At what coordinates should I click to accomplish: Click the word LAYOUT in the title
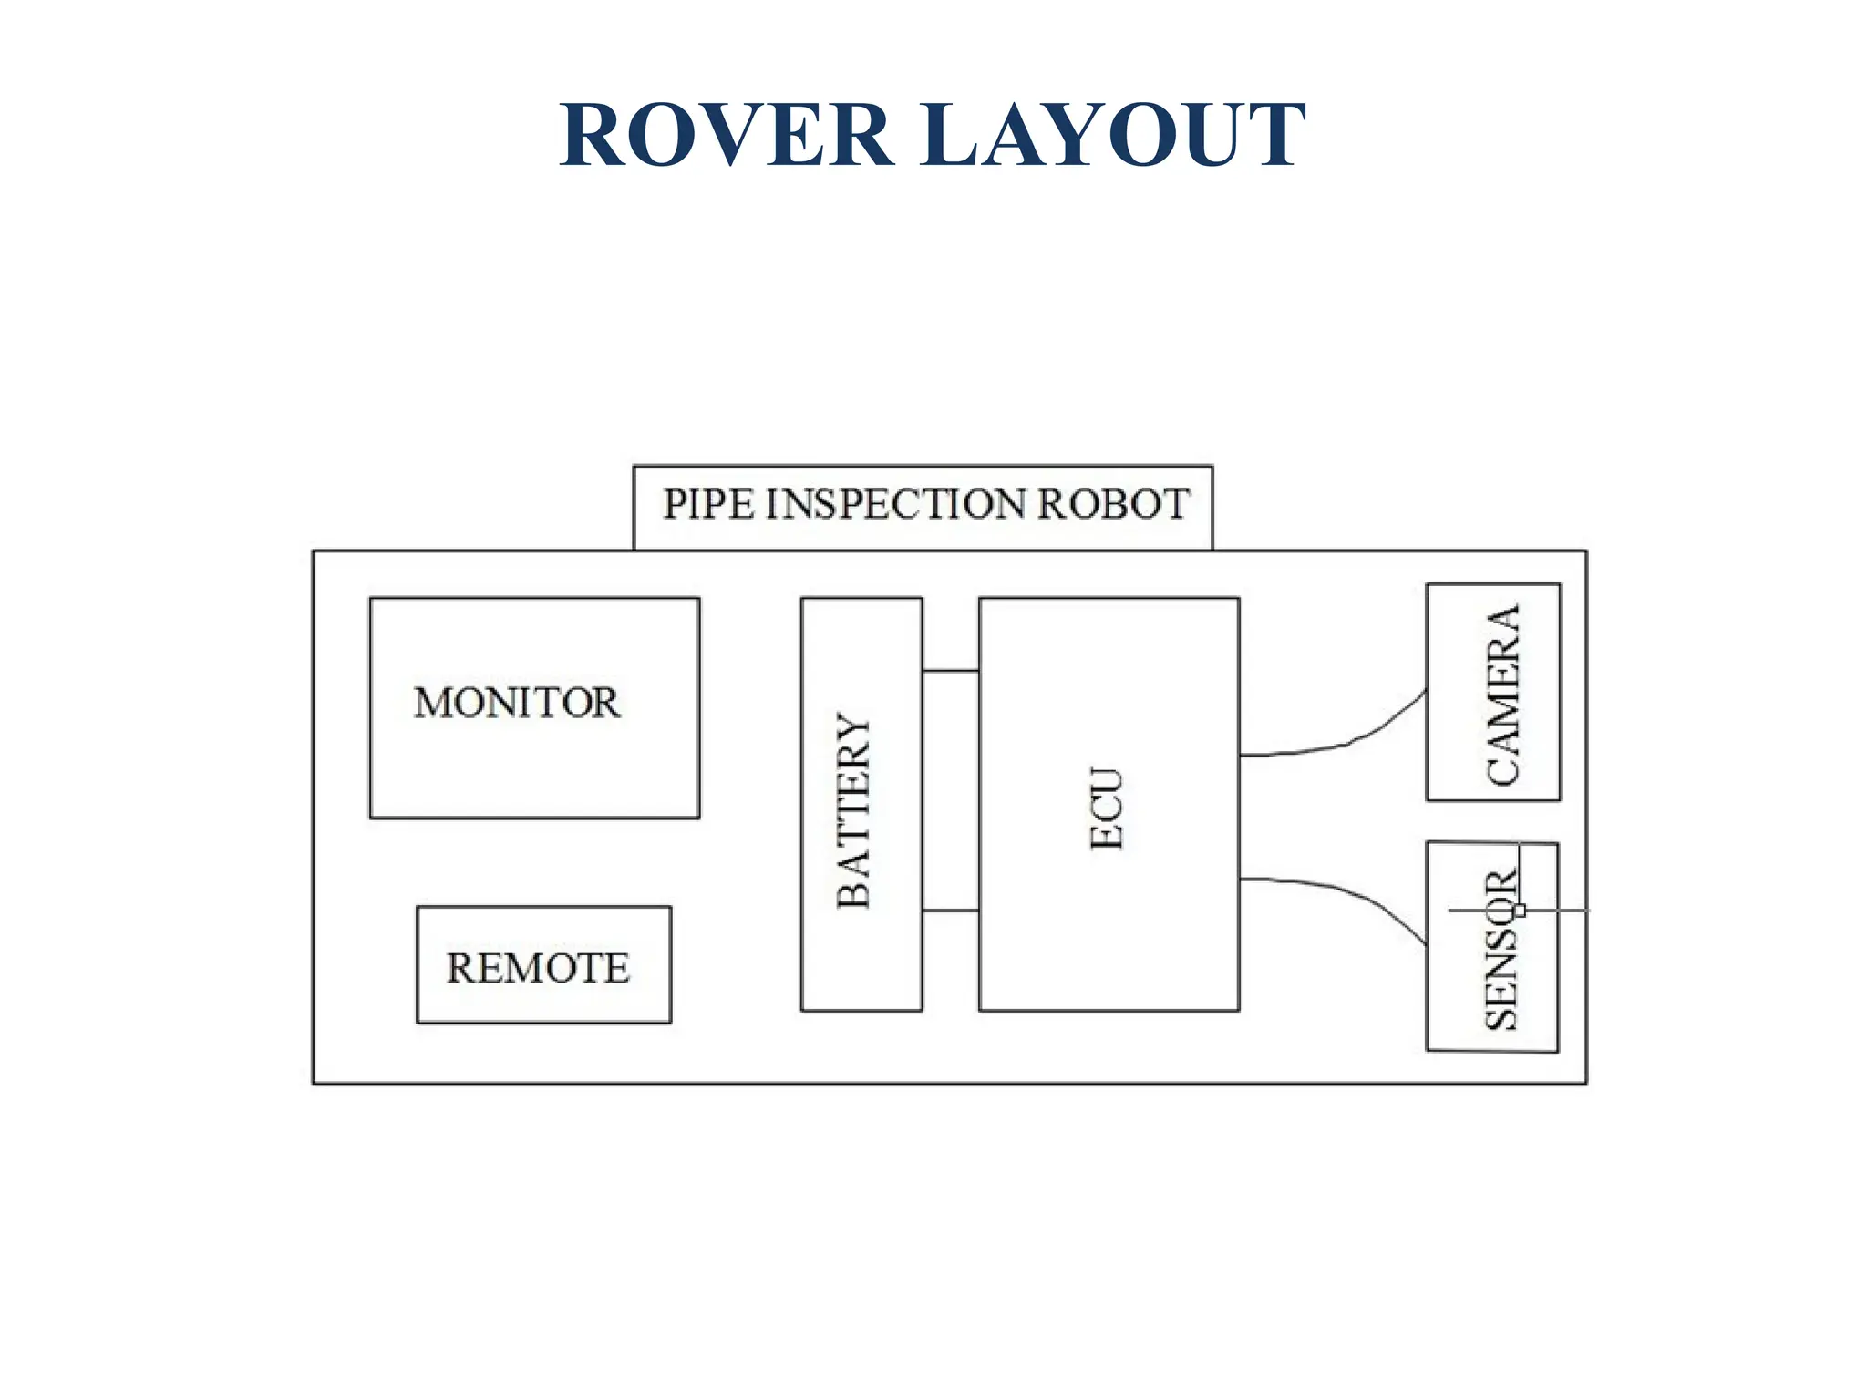point(1113,136)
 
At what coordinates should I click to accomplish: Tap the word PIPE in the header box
point(708,504)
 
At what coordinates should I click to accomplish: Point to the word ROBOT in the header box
point(1113,504)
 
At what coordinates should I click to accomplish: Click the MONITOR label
point(516,703)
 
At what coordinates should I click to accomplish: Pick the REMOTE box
point(543,964)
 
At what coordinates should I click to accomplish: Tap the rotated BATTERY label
point(854,810)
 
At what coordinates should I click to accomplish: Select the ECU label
point(1108,809)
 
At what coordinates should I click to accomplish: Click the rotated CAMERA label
point(1503,695)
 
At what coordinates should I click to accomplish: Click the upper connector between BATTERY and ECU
point(950,672)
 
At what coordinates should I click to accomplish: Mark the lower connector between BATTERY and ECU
point(950,911)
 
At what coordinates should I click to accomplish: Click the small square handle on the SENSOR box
point(1520,910)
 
